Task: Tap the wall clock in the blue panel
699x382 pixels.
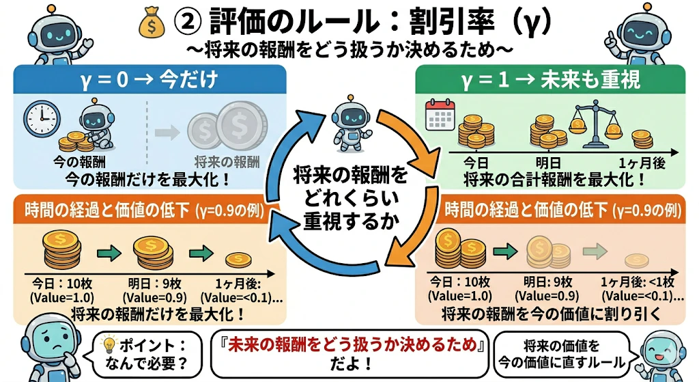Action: pyautogui.click(x=42, y=119)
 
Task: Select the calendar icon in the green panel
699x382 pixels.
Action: pyautogui.click(x=440, y=115)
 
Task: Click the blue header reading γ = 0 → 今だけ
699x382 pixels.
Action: pyautogui.click(x=149, y=79)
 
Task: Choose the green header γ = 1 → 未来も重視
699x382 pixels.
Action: pyautogui.click(x=550, y=79)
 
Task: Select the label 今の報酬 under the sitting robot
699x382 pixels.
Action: pyautogui.click(x=79, y=161)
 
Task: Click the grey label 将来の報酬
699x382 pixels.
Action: pyautogui.click(x=227, y=161)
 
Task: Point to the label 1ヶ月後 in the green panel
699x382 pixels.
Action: pyautogui.click(x=642, y=163)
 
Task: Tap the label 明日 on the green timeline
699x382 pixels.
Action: pyautogui.click(x=548, y=163)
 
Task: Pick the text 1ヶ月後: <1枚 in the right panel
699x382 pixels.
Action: pyautogui.click(x=638, y=282)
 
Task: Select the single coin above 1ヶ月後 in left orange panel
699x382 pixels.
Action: pyautogui.click(x=238, y=259)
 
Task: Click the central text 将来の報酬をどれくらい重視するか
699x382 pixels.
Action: pyautogui.click(x=350, y=198)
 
